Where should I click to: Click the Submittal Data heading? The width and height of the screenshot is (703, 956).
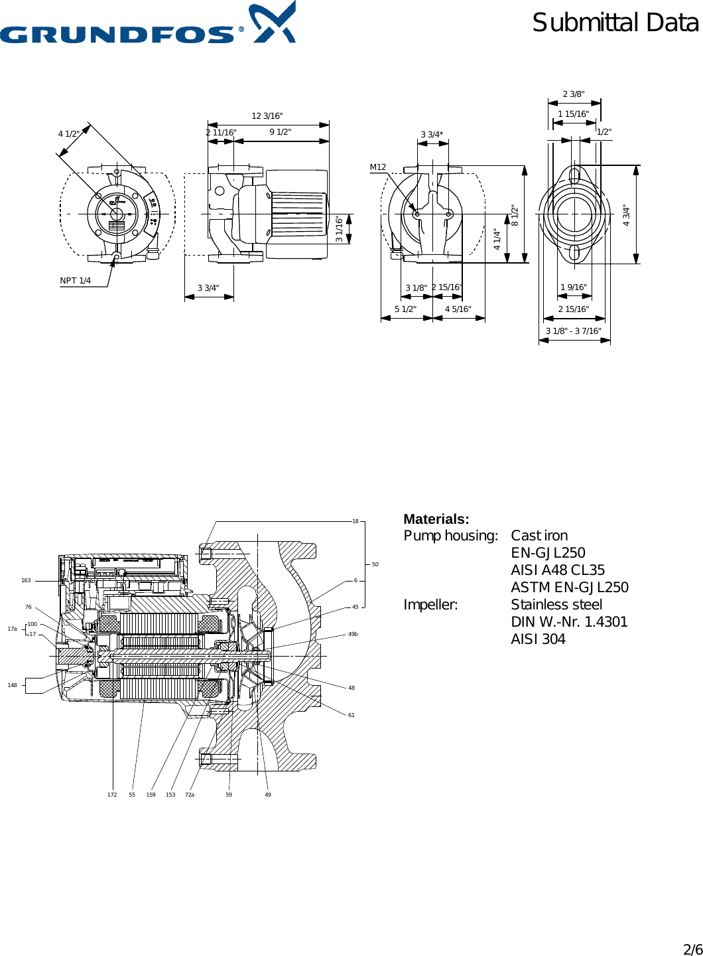point(615,23)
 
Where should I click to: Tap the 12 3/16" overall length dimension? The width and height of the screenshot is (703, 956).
point(267,116)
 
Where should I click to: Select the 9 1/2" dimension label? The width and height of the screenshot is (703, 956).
point(280,132)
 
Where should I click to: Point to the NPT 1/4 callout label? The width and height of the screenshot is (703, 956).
point(76,281)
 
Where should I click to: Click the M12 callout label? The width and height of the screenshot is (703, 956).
point(377,167)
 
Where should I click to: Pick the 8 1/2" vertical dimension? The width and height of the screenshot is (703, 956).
point(515,216)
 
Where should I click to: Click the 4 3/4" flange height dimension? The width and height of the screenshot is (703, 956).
point(627,216)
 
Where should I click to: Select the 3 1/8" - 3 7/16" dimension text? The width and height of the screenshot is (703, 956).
point(573,331)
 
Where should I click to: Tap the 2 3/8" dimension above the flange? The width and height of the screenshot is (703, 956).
point(574,94)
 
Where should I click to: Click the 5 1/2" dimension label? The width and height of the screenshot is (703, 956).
point(405,309)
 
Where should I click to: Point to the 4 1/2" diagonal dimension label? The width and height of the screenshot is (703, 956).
point(69,134)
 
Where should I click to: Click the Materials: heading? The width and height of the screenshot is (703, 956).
point(436,519)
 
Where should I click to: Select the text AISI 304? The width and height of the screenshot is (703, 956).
point(538,639)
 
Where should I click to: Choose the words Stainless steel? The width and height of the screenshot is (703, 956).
point(556,605)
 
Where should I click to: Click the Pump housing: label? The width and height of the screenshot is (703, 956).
point(450,536)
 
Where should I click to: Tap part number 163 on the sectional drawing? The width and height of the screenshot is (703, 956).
point(26,580)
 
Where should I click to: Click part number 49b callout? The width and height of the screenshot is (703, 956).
point(353,634)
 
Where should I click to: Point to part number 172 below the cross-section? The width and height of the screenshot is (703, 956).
point(112,795)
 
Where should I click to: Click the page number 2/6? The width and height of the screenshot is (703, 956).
point(692,949)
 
